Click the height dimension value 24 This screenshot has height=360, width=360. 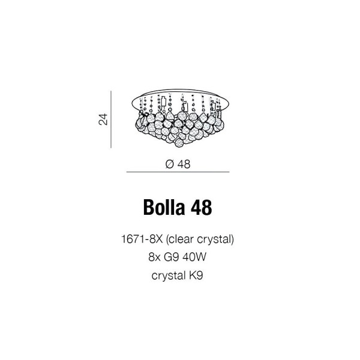tap(103, 119)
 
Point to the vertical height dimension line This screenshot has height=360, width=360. tap(111, 119)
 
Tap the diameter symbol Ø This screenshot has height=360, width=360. tap(169, 164)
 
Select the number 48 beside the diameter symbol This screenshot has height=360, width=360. tap(184, 164)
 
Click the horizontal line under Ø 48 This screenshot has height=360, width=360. tap(178, 172)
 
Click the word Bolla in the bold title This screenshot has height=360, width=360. tap(164, 208)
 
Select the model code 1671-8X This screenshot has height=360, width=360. tap(142, 239)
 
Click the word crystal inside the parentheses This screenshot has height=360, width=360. tap(214, 240)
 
